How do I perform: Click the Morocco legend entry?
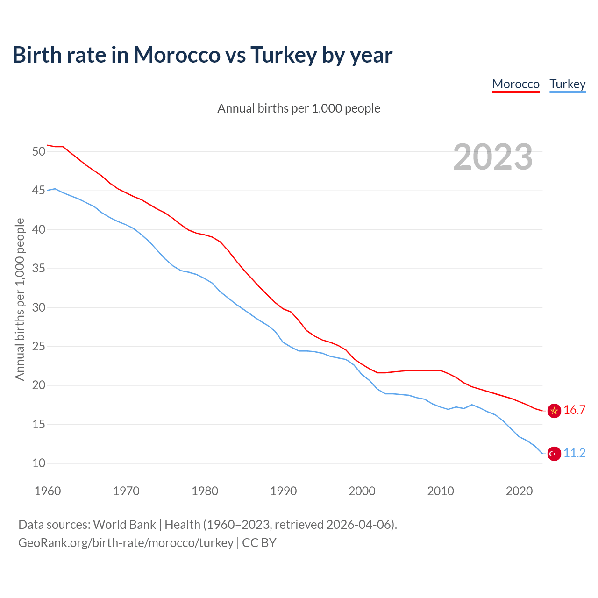point(516,84)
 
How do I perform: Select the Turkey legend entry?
point(568,84)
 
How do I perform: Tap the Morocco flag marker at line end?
point(554,411)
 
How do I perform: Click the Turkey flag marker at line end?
point(554,454)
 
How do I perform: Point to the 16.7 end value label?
point(575,410)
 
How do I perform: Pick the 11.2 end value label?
point(575,453)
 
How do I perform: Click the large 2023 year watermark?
point(493,157)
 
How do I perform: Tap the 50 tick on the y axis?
point(39,151)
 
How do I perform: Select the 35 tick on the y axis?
point(39,269)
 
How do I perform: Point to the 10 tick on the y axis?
point(39,463)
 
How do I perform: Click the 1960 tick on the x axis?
point(48,491)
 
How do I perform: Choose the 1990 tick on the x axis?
point(284,491)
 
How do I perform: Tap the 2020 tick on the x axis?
point(520,491)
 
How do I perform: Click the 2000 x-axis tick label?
point(362,491)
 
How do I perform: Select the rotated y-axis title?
point(20,299)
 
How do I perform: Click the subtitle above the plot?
point(299,108)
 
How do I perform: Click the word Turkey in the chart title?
point(284,55)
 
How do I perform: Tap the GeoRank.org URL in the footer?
point(126,543)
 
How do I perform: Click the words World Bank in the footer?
point(124,525)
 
